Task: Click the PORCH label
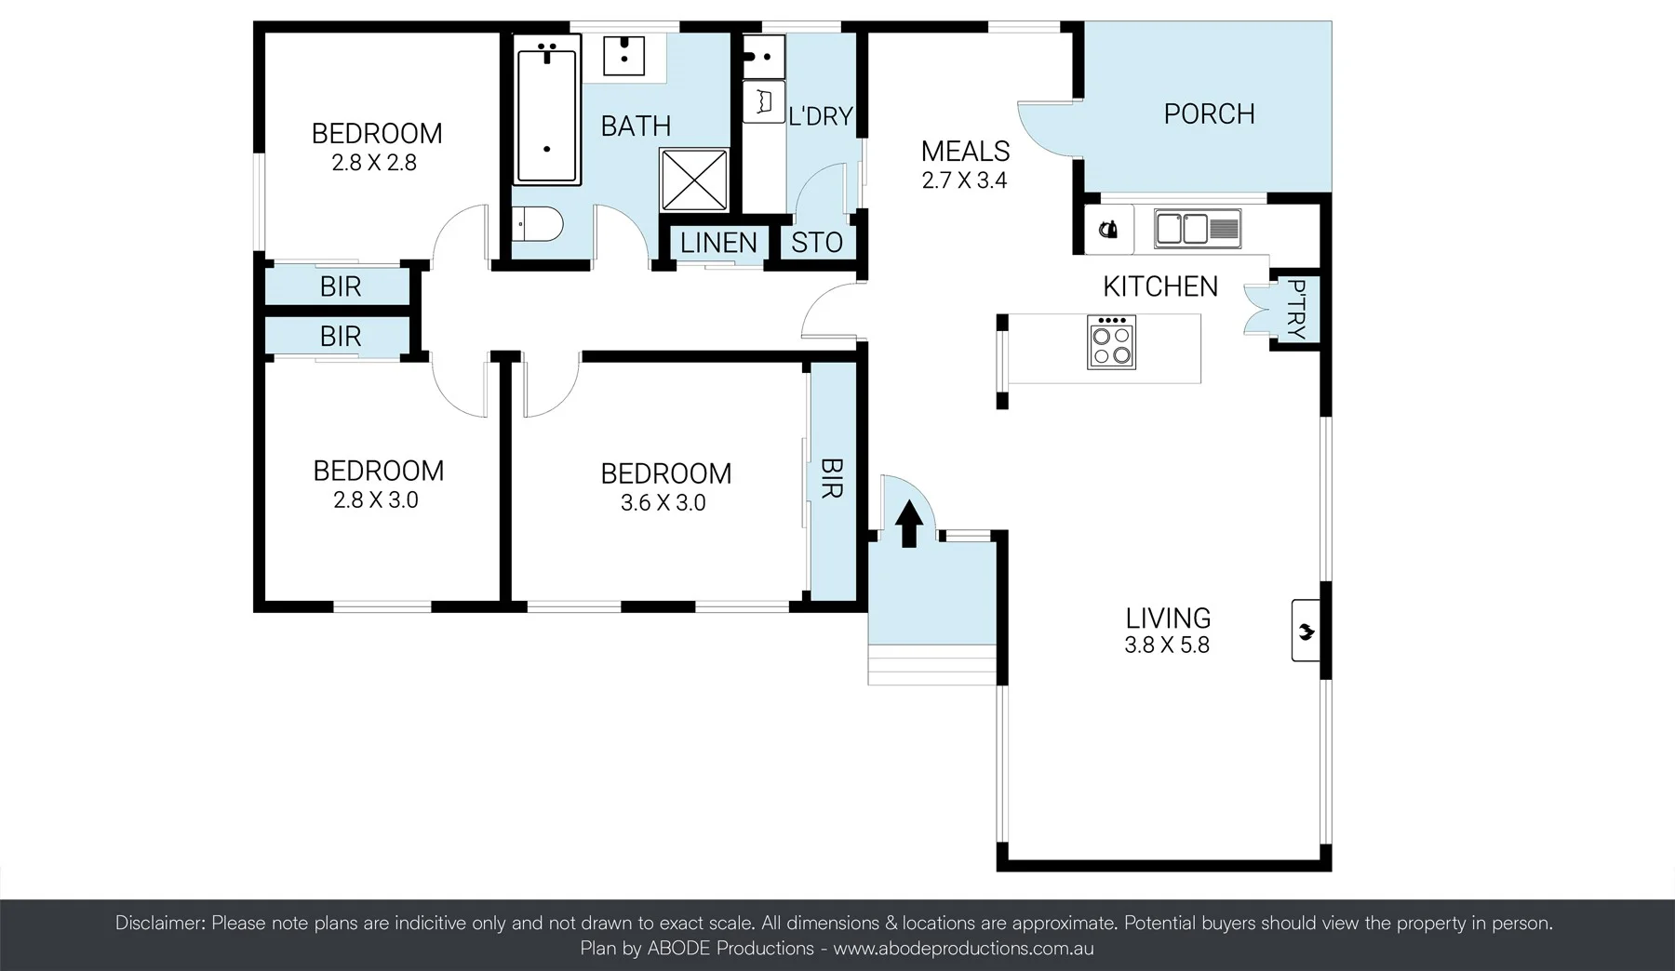tap(1209, 114)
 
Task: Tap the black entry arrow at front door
tap(908, 523)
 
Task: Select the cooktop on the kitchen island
tap(1111, 342)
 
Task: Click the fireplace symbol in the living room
tap(1306, 632)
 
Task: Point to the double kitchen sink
tap(1197, 228)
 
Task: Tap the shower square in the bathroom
tap(693, 180)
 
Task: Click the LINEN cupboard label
tap(717, 243)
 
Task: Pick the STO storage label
tap(816, 243)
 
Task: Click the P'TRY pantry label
tap(1296, 310)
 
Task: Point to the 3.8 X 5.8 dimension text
tap(1166, 645)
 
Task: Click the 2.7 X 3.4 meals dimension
tap(964, 180)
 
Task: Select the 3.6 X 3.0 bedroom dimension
tap(663, 503)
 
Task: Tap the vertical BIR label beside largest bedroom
tap(831, 477)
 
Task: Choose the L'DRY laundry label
tap(820, 116)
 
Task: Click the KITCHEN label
tap(1159, 286)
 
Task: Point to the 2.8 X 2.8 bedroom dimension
tap(374, 163)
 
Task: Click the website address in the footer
tap(963, 949)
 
